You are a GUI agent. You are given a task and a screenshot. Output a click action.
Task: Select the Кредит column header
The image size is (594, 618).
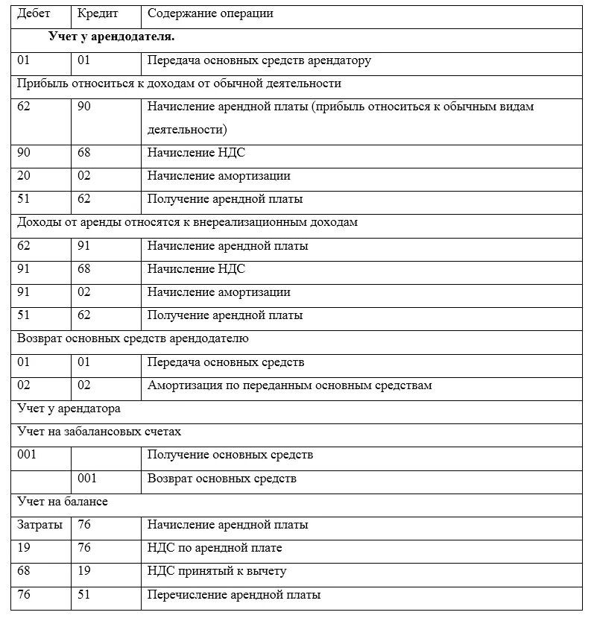(97, 13)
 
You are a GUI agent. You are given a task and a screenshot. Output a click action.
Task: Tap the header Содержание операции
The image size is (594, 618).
(210, 13)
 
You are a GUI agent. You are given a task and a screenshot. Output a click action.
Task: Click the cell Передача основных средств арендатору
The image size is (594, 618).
(259, 60)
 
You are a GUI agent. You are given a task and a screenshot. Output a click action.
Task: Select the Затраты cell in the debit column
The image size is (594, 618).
(40, 525)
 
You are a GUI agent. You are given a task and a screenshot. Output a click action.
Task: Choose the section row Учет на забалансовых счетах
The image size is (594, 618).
(99, 432)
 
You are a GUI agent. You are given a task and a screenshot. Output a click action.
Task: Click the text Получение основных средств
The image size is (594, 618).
(230, 455)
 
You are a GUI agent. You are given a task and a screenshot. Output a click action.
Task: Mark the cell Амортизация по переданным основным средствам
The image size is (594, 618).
(289, 385)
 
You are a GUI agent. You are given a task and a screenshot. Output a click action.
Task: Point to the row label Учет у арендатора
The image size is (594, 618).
(69, 409)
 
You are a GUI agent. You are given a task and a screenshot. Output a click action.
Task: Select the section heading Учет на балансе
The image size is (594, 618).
(63, 502)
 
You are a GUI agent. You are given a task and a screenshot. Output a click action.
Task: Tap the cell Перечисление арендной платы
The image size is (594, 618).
(234, 594)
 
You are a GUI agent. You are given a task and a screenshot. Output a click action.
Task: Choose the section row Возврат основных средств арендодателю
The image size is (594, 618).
(133, 338)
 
